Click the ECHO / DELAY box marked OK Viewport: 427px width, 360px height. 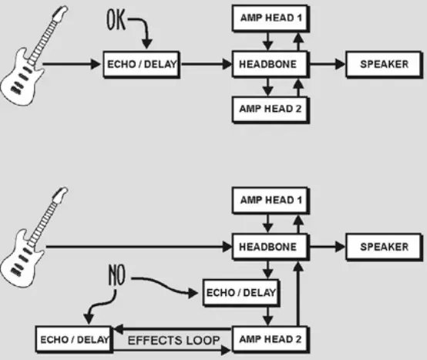[142, 65]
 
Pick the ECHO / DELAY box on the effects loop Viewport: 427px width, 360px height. [74, 339]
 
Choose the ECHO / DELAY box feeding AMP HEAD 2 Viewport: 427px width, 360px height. [240, 293]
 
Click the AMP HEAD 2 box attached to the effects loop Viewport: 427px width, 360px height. [271, 339]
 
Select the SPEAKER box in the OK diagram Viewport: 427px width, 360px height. [384, 65]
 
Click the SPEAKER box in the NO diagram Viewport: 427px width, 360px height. [384, 247]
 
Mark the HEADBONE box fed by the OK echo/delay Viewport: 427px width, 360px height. [271, 65]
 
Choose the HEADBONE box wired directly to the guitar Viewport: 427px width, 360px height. [271, 247]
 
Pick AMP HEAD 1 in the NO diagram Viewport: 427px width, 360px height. [271, 201]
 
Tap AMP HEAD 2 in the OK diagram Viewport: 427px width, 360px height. [271, 109]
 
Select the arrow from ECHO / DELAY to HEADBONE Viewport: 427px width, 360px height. [207, 65]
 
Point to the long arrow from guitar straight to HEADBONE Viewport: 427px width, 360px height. [139, 247]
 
